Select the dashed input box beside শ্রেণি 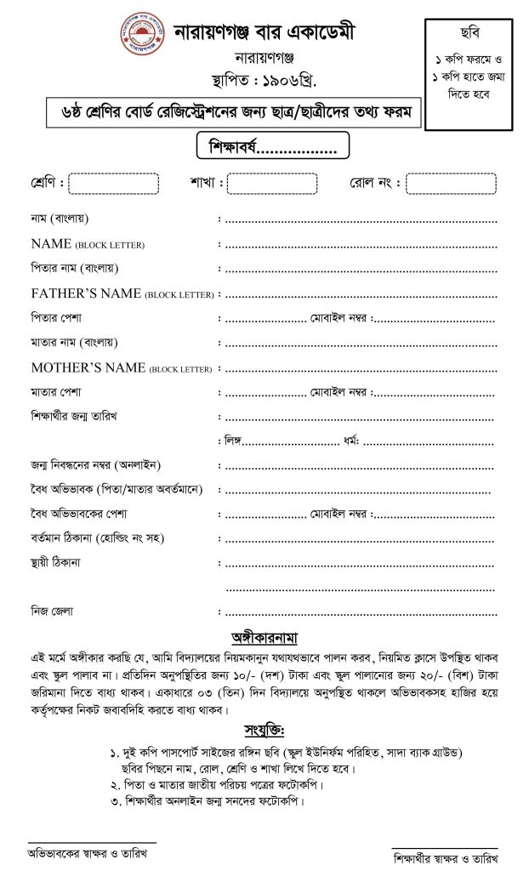113,184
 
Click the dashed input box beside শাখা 272,184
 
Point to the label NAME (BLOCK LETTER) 87,244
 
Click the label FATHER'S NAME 122,293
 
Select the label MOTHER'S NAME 122,368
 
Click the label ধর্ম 349,441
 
